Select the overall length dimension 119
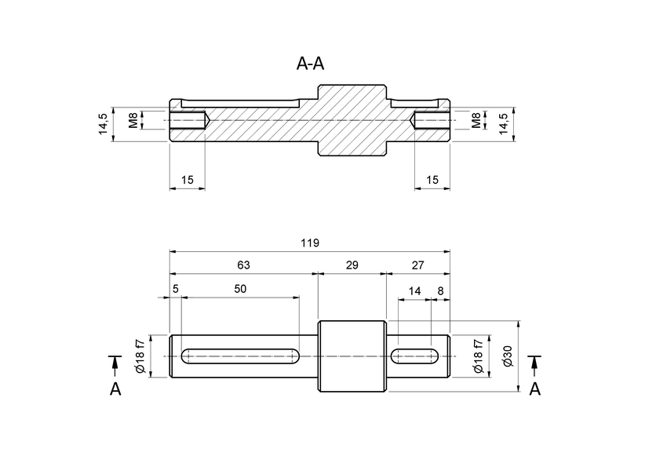tap(310, 243)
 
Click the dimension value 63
tap(243, 265)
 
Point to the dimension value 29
tap(352, 265)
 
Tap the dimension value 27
tap(417, 265)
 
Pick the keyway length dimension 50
tap(240, 289)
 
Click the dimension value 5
tap(176, 289)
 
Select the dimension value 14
tap(414, 290)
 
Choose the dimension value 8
tap(440, 290)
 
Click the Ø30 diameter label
tap(508, 356)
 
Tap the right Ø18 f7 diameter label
tap(478, 356)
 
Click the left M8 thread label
tap(134, 120)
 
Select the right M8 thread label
tap(476, 120)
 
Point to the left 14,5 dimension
tap(103, 124)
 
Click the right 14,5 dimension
tap(504, 124)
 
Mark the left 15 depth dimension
tap(188, 180)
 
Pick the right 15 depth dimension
tap(432, 180)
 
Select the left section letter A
tap(115, 389)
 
